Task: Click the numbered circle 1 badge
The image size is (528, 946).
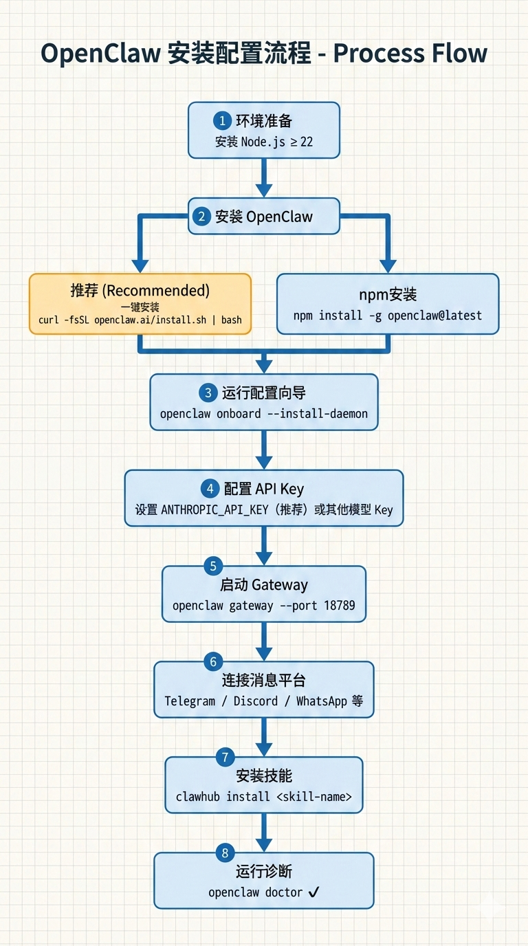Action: (222, 121)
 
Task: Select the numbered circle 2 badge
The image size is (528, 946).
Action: (201, 217)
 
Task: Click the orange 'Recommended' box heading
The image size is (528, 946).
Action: (140, 291)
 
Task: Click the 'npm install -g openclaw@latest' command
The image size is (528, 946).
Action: (388, 316)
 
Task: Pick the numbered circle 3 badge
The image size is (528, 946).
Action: (208, 393)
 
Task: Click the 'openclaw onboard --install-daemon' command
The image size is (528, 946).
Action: (264, 414)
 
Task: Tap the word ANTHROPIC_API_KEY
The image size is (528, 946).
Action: (217, 510)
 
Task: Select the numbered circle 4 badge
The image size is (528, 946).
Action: (210, 489)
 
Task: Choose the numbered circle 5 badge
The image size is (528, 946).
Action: (213, 566)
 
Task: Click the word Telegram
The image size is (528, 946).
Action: (190, 701)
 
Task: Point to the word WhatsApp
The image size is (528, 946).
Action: (321, 701)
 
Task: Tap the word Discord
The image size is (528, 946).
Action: (256, 701)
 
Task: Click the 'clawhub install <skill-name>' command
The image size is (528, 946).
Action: (264, 797)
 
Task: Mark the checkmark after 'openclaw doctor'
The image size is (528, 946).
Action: (313, 892)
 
